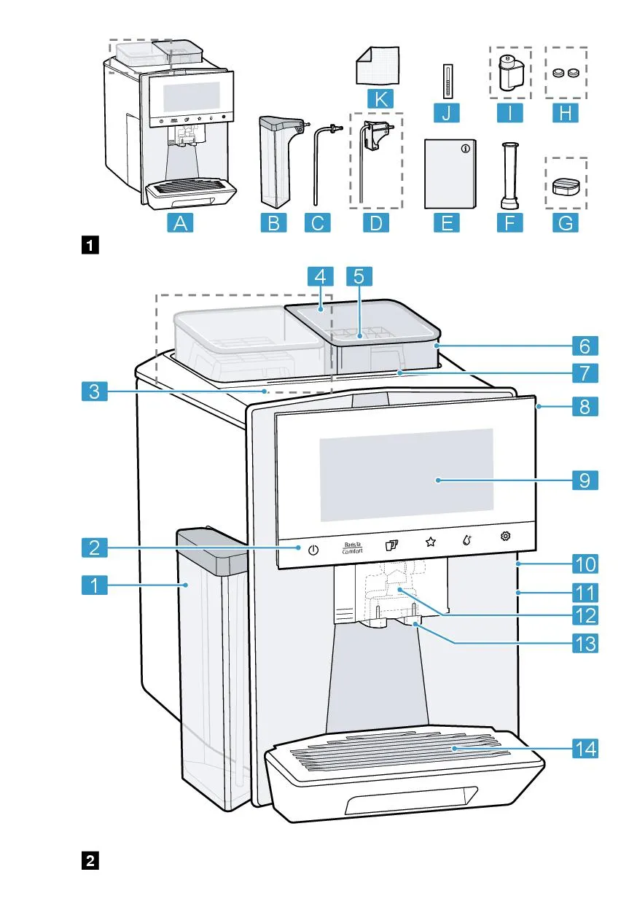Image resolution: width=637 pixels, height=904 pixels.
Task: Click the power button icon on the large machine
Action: (x=313, y=549)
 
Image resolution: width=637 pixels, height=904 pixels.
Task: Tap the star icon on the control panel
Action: (x=430, y=542)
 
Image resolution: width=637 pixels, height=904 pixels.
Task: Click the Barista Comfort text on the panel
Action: (x=352, y=548)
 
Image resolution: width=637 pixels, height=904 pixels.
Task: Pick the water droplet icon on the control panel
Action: (x=467, y=542)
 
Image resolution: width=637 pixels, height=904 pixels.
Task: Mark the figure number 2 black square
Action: (x=90, y=860)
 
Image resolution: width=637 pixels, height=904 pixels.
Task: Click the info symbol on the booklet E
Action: (x=466, y=147)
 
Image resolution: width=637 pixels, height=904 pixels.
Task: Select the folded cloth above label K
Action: (x=378, y=66)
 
